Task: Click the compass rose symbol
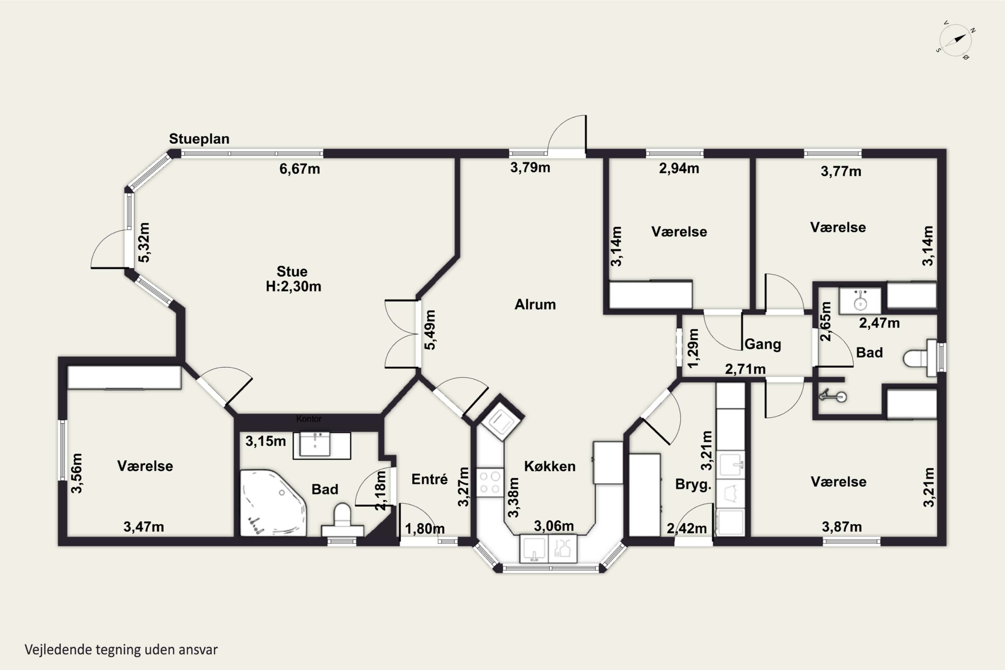click(955, 40)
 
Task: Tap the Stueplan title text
click(199, 139)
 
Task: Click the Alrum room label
click(535, 304)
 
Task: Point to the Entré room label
click(429, 479)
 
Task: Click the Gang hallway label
click(763, 344)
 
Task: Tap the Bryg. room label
click(693, 484)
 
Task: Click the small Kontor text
click(309, 419)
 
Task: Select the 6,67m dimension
click(299, 169)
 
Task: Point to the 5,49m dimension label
click(430, 330)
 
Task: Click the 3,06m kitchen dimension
click(554, 526)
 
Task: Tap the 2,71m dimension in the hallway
click(745, 369)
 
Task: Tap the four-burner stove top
click(490, 482)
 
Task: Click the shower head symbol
click(833, 396)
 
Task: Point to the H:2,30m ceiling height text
click(293, 286)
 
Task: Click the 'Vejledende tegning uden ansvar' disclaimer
click(121, 650)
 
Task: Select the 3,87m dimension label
click(842, 527)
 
